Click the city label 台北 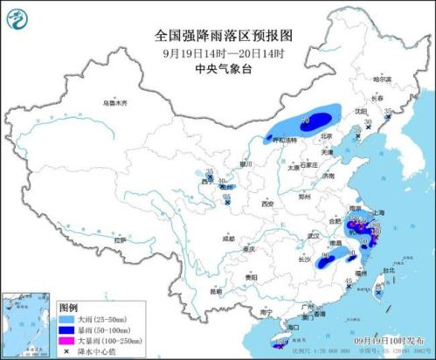point(388,272)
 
